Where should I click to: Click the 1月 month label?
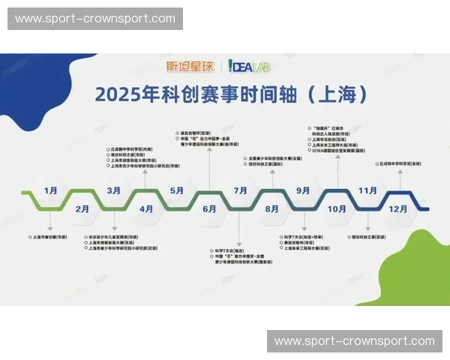(51, 190)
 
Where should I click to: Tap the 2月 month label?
(82, 208)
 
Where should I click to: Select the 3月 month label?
(114, 190)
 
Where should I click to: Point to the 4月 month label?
(145, 208)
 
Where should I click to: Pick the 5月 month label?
(177, 190)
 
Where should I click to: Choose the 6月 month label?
(209, 208)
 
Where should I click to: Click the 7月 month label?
(241, 190)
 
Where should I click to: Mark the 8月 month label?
(272, 208)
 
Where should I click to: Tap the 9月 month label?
(304, 190)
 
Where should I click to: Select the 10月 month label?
(337, 208)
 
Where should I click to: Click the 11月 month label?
(367, 190)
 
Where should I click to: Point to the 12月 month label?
(400, 208)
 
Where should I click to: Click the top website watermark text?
(95, 19)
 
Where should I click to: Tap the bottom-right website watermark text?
(354, 341)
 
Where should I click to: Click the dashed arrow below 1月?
(51, 222)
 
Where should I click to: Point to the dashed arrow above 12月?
(400, 180)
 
